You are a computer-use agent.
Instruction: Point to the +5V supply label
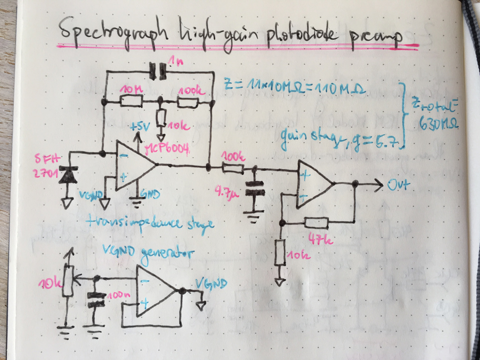point(141,127)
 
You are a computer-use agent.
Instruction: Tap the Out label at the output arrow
point(398,184)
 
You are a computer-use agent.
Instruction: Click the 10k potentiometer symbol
point(67,280)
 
